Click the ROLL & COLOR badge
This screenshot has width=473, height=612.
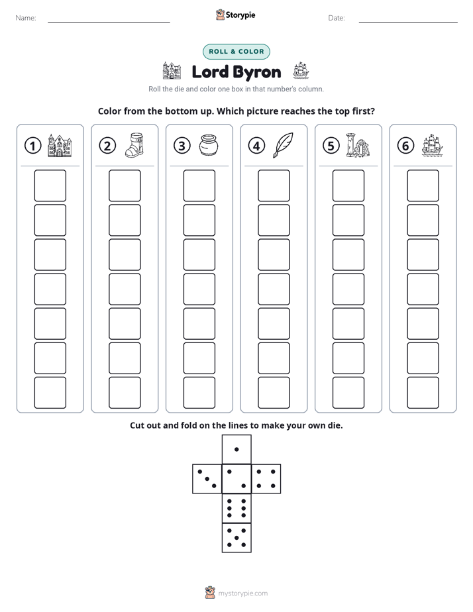pyautogui.click(x=236, y=52)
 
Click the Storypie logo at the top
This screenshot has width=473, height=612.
pyautogui.click(x=235, y=15)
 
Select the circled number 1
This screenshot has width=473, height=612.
pyautogui.click(x=32, y=146)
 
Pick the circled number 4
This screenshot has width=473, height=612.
pyautogui.click(x=256, y=146)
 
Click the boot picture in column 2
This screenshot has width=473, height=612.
pyautogui.click(x=134, y=145)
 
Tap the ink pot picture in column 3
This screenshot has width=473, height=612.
pyautogui.click(x=209, y=145)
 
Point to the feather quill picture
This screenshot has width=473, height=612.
pyautogui.click(x=283, y=145)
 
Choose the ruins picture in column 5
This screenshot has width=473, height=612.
pyautogui.click(x=358, y=145)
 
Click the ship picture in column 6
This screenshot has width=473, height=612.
pyautogui.click(x=433, y=145)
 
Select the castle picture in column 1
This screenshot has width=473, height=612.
pyautogui.click(x=60, y=145)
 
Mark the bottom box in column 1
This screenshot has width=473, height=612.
pyautogui.click(x=50, y=393)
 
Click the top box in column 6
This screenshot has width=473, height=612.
pyautogui.click(x=423, y=185)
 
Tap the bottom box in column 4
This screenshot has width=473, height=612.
pyautogui.click(x=274, y=393)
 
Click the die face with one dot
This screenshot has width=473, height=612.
pyautogui.click(x=236, y=449)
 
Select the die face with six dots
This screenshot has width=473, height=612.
pyautogui.click(x=236, y=508)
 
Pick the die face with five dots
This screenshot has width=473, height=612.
pyautogui.click(x=236, y=537)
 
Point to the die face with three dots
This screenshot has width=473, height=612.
pyautogui.click(x=207, y=478)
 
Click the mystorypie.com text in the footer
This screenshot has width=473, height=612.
pyautogui.click(x=242, y=593)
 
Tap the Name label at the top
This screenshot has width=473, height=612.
pyautogui.click(x=26, y=18)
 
